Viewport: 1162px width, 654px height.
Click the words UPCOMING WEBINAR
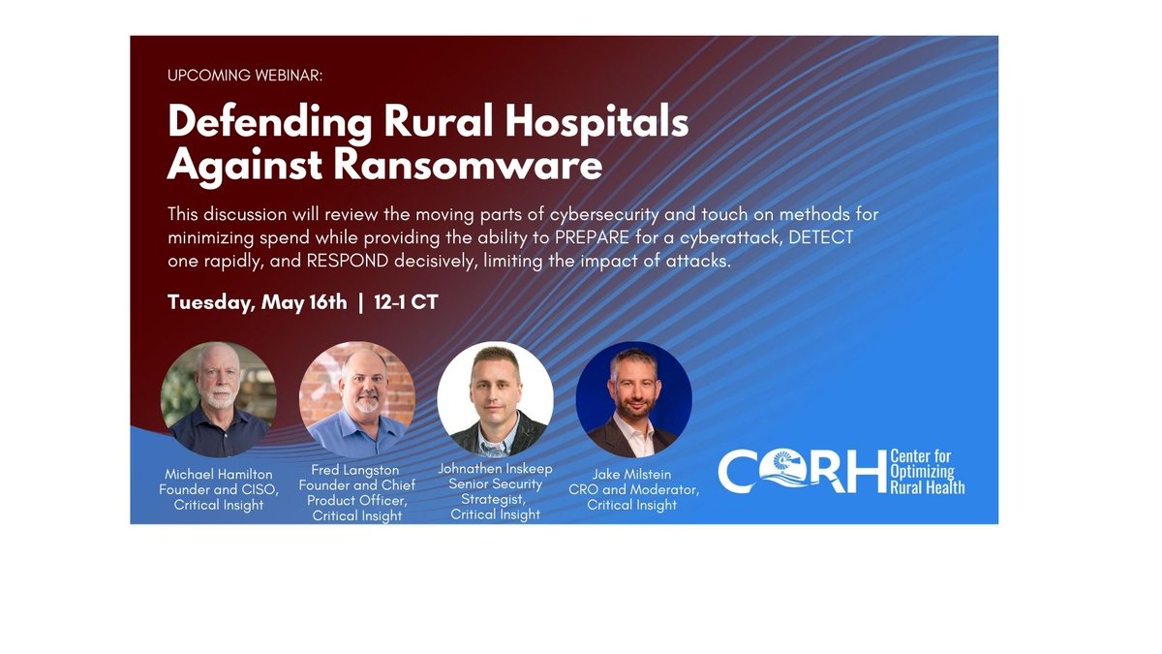[245, 76]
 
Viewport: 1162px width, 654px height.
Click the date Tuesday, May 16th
[257, 302]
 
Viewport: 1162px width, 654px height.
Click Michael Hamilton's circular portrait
[219, 399]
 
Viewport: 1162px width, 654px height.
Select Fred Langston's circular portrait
[357, 399]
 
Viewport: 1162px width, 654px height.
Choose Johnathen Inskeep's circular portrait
[495, 399]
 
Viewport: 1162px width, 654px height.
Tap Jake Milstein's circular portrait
[633, 399]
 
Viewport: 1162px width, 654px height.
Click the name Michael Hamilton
[219, 475]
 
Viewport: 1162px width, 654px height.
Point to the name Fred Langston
[355, 470]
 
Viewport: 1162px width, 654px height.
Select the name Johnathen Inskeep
[495, 467]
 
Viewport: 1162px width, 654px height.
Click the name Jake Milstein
[633, 475]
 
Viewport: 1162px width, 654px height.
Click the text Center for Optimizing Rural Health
[927, 472]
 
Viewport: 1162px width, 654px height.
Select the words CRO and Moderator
[633, 489]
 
